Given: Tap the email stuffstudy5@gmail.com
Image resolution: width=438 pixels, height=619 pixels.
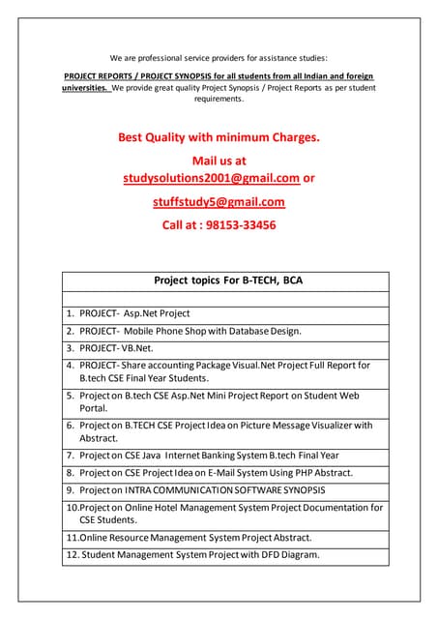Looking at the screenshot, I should (x=219, y=202).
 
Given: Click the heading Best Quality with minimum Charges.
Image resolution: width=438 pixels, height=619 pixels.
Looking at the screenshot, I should (x=219, y=137).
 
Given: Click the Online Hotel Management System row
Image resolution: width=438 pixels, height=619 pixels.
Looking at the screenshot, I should (x=224, y=514).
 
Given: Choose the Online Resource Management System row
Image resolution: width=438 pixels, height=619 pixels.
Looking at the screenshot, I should (x=189, y=537).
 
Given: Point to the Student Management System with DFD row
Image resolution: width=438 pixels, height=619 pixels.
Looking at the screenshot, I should (x=192, y=555).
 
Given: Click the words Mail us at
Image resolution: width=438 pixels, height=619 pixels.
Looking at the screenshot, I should (x=219, y=160).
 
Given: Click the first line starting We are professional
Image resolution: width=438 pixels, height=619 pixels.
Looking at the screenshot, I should (x=219, y=57).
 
